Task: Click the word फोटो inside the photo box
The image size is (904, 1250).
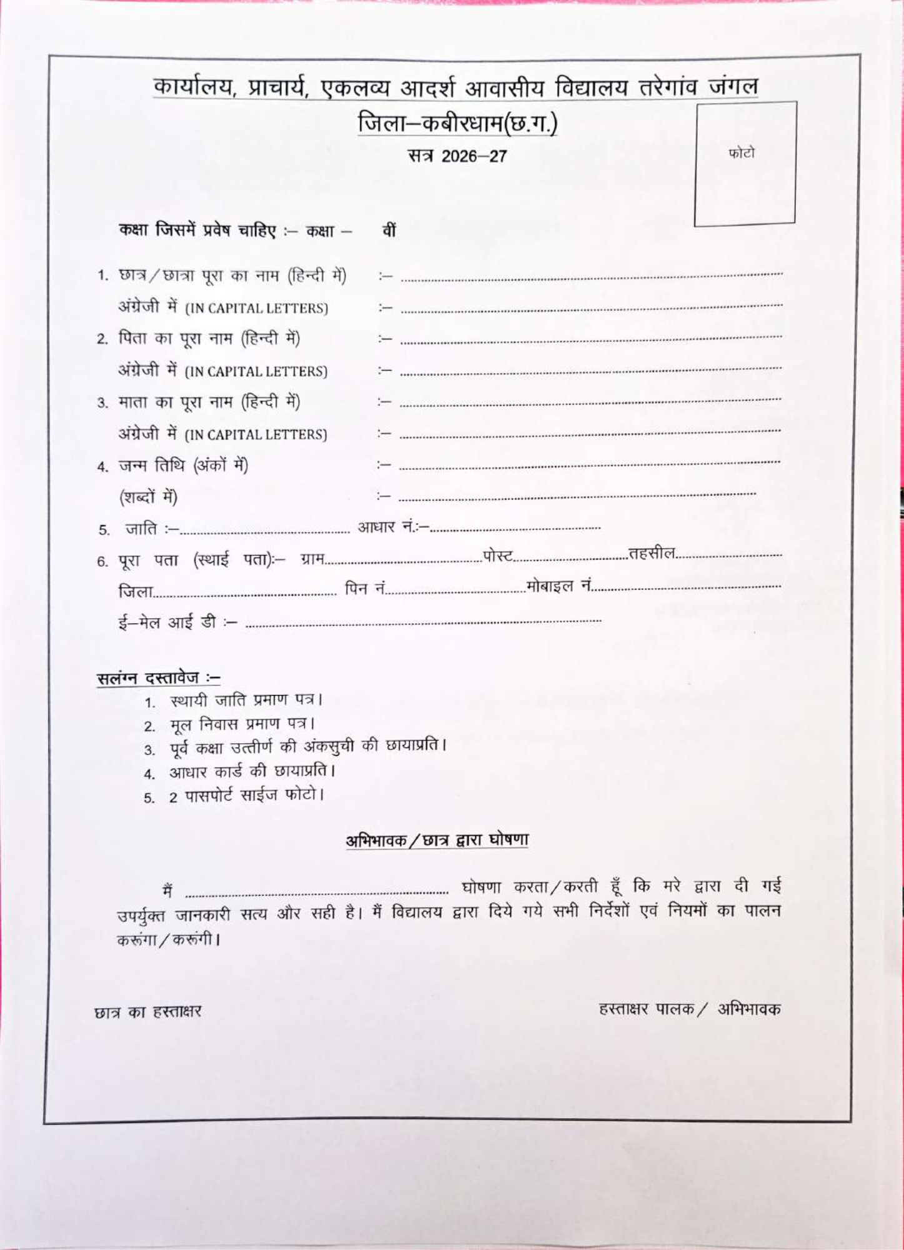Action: point(742,153)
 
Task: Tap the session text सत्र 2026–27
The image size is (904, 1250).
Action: point(457,156)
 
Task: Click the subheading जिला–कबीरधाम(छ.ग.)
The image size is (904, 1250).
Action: point(457,124)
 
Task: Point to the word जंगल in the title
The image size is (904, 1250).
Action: point(733,85)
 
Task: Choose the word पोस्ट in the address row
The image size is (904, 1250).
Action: point(498,555)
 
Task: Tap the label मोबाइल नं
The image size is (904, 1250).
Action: point(559,586)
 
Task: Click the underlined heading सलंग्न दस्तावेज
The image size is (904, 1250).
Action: point(158,678)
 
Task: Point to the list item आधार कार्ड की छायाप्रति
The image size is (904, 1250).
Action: point(252,771)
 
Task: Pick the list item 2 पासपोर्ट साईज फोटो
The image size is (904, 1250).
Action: point(246,796)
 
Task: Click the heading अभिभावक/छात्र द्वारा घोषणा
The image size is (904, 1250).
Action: point(437,840)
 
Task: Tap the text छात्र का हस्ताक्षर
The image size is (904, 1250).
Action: point(148,1011)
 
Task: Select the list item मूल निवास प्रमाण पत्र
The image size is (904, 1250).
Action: point(242,724)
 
